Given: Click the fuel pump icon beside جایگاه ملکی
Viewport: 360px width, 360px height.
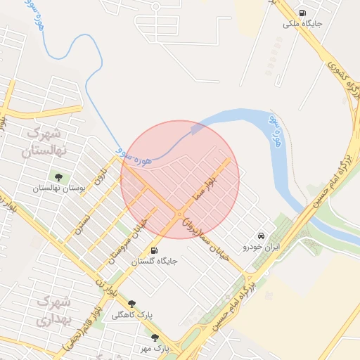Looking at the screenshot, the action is tap(302, 13).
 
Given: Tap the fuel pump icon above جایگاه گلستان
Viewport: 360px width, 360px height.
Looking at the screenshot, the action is tap(155, 250).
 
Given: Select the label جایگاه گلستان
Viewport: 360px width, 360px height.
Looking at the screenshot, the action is tap(155, 261).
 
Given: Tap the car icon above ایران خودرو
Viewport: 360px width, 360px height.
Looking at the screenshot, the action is tap(262, 236).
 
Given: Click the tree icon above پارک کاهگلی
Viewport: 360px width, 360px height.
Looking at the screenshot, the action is tap(131, 304).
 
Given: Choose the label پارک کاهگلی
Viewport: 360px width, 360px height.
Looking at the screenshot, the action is tap(131, 314).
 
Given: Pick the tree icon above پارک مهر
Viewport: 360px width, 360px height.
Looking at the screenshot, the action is tap(155, 337).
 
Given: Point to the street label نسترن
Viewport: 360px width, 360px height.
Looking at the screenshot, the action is tap(84, 219).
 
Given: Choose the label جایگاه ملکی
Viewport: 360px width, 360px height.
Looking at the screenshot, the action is tap(302, 23).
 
